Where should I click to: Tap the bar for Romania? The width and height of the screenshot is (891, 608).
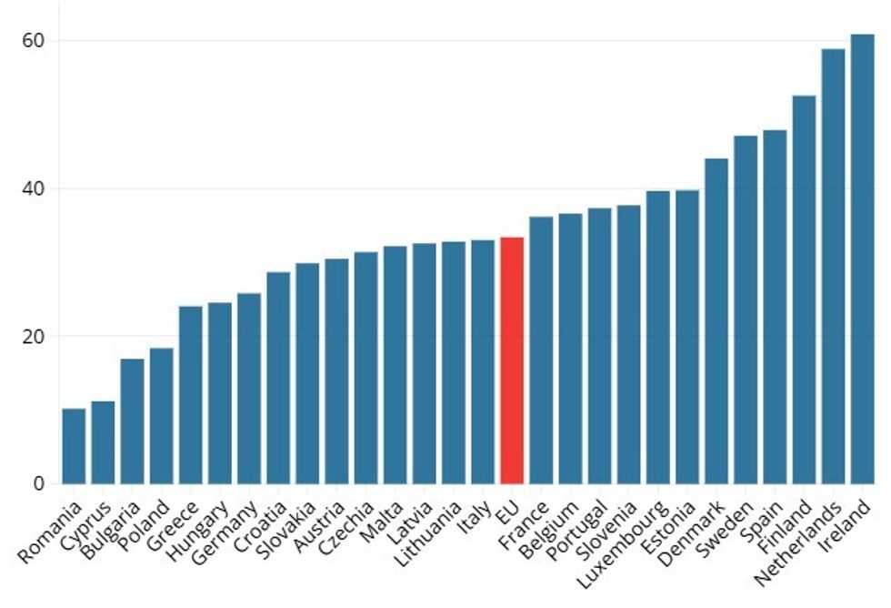pyautogui.click(x=74, y=446)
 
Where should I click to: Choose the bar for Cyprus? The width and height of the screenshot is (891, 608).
pyautogui.click(x=103, y=442)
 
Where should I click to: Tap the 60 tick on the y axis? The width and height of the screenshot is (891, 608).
pyautogui.click(x=35, y=41)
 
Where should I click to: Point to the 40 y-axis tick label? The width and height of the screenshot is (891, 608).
pyautogui.click(x=35, y=188)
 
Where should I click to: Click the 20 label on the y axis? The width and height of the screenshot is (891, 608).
pyautogui.click(x=35, y=336)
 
